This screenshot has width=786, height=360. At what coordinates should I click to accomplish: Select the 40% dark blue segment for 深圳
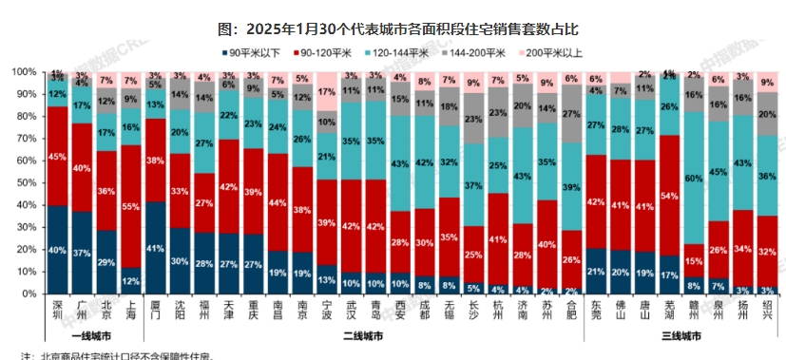click(x=58, y=251)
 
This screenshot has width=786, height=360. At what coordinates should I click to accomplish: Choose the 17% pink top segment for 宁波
click(x=326, y=91)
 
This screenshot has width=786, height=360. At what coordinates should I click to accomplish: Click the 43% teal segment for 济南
click(x=522, y=177)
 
